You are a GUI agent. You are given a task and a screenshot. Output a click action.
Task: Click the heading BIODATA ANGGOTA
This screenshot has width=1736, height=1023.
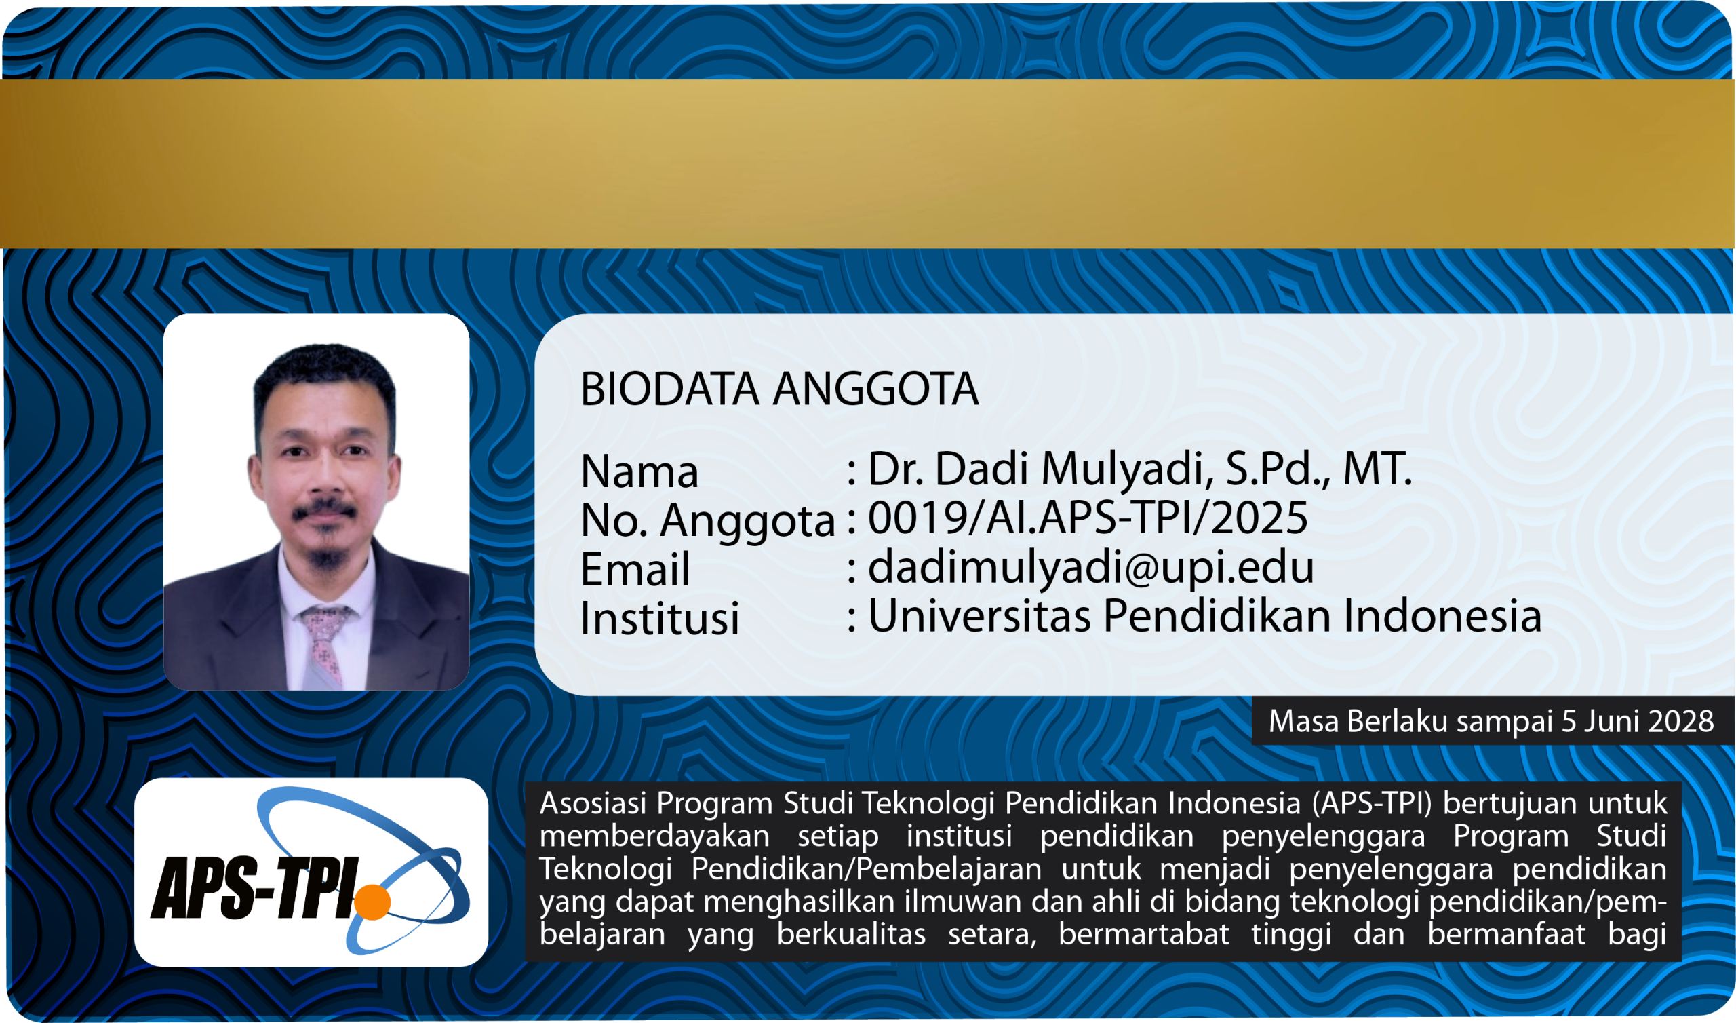click(779, 389)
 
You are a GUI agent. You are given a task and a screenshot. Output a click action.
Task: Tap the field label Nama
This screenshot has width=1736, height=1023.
click(639, 471)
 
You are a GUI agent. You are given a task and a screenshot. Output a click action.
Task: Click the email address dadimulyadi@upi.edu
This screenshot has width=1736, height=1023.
click(1090, 566)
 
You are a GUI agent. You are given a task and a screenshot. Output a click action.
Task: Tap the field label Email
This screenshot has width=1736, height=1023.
click(635, 569)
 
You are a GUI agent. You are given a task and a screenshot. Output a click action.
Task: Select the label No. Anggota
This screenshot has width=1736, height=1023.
click(707, 520)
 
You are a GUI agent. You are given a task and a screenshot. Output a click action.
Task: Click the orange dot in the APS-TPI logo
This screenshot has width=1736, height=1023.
click(373, 902)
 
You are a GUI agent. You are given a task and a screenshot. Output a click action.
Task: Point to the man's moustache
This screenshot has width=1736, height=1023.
click(324, 511)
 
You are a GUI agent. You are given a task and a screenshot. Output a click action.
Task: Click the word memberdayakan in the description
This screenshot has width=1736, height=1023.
click(654, 836)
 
